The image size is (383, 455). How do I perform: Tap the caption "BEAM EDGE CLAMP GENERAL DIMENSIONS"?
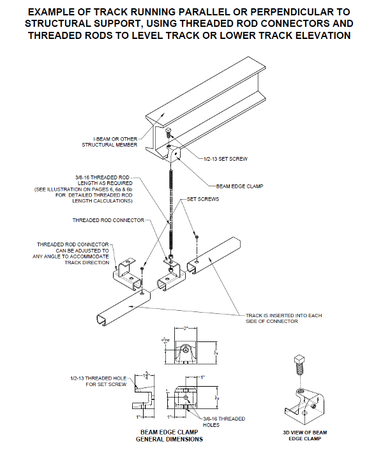click(x=171, y=435)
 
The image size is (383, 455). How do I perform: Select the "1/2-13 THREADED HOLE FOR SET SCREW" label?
click(x=100, y=381)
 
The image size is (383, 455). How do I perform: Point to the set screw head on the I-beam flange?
click(x=168, y=134)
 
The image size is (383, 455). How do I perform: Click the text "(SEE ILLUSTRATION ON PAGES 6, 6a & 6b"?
click(x=84, y=190)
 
